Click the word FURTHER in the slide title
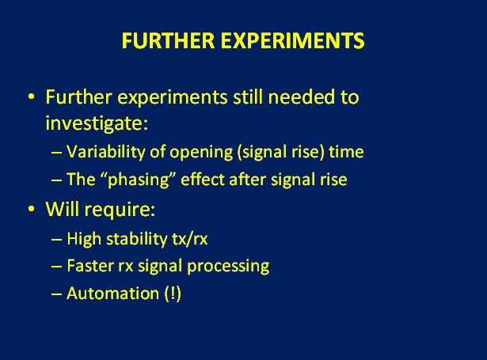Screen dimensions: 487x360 (168, 40)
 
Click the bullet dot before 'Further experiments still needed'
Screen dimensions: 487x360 (31, 97)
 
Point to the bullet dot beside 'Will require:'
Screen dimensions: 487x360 (31, 209)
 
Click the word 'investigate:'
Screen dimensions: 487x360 (97, 123)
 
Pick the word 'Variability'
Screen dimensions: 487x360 (105, 152)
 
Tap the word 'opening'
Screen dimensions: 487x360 (201, 153)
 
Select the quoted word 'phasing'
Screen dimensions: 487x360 (139, 180)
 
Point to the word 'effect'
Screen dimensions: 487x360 (203, 180)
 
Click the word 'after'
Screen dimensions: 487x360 (248, 180)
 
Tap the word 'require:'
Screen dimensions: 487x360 (120, 210)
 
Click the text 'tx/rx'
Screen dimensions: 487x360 (190, 239)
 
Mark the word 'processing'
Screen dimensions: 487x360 (228, 267)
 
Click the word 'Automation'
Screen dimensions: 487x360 (113, 294)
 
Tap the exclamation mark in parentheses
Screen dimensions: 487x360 (173, 294)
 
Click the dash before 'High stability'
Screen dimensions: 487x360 (56, 241)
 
